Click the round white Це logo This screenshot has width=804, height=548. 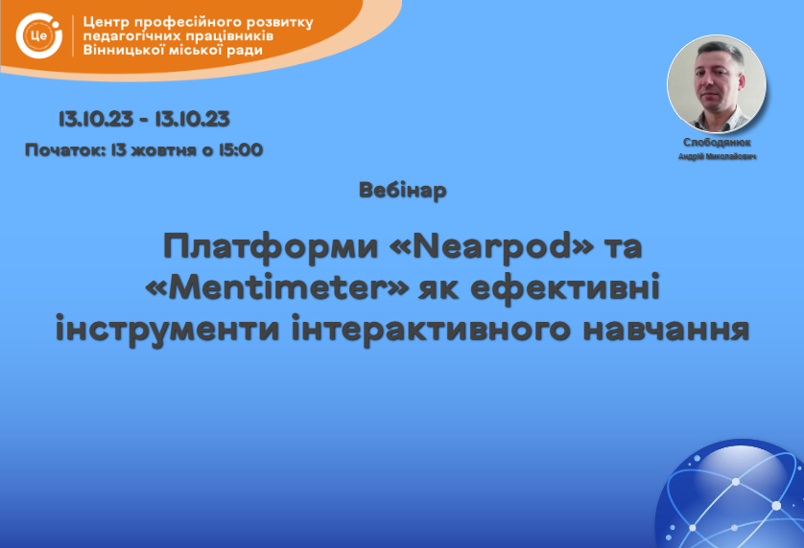click(39, 35)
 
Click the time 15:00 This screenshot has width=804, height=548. click(241, 150)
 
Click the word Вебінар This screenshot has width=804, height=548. click(403, 191)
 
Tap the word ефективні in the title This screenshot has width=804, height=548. click(565, 287)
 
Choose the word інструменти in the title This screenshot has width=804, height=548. click(168, 329)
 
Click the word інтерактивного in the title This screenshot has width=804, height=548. click(431, 329)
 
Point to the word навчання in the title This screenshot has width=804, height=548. click(667, 330)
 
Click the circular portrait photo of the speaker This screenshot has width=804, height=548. click(717, 84)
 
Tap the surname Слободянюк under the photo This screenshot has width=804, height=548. click(717, 143)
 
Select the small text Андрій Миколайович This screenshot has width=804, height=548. click(717, 156)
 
